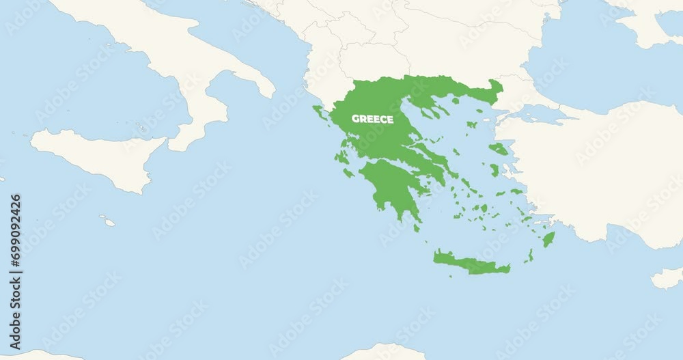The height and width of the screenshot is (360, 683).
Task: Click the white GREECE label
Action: (372, 119)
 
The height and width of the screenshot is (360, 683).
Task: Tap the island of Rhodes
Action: (548, 239)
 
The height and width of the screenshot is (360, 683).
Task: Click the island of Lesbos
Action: (499, 148)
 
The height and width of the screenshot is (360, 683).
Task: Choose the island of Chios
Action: (494, 170)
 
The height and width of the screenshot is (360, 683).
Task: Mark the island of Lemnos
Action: (471, 124)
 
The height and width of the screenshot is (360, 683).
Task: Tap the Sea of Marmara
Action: (540, 113)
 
